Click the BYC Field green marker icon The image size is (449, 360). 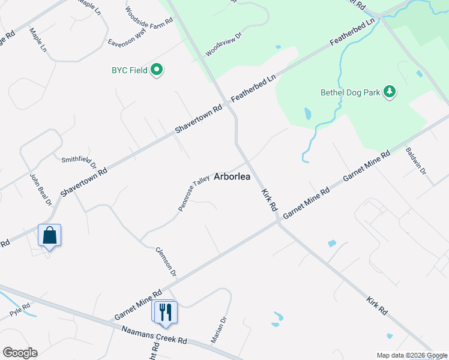tap(157, 70)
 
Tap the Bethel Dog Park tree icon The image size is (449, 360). tap(390, 92)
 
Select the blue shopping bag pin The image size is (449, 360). tap(49, 236)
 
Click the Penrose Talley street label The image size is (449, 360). tap(193, 193)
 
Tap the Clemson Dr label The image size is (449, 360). tap(166, 262)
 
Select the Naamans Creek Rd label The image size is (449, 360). tap(154, 335)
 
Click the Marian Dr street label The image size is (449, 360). tap(218, 330)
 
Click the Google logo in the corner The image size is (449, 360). tap(20, 353)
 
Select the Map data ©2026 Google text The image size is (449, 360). tap(412, 355)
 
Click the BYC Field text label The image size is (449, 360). tap(129, 70)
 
